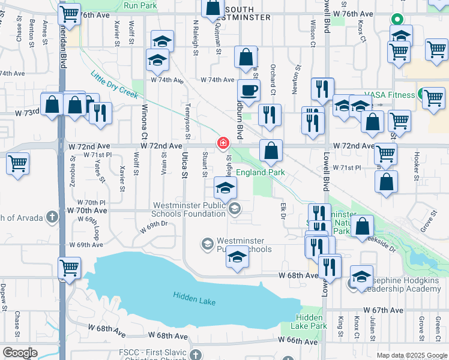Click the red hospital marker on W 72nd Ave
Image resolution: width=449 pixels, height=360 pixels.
coord(223,143)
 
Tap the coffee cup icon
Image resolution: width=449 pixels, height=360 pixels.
coord(249,91)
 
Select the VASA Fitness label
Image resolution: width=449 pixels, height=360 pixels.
coord(393,95)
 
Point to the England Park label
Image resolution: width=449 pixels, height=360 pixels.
coord(259,172)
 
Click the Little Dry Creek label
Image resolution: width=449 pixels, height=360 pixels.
coord(114,85)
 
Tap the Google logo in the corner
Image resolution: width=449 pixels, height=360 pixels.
coord(20,353)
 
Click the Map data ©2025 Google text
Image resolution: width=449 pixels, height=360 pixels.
coord(411,355)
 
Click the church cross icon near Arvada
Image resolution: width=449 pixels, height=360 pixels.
coord(52,217)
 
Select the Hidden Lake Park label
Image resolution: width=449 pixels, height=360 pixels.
coord(311,321)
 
